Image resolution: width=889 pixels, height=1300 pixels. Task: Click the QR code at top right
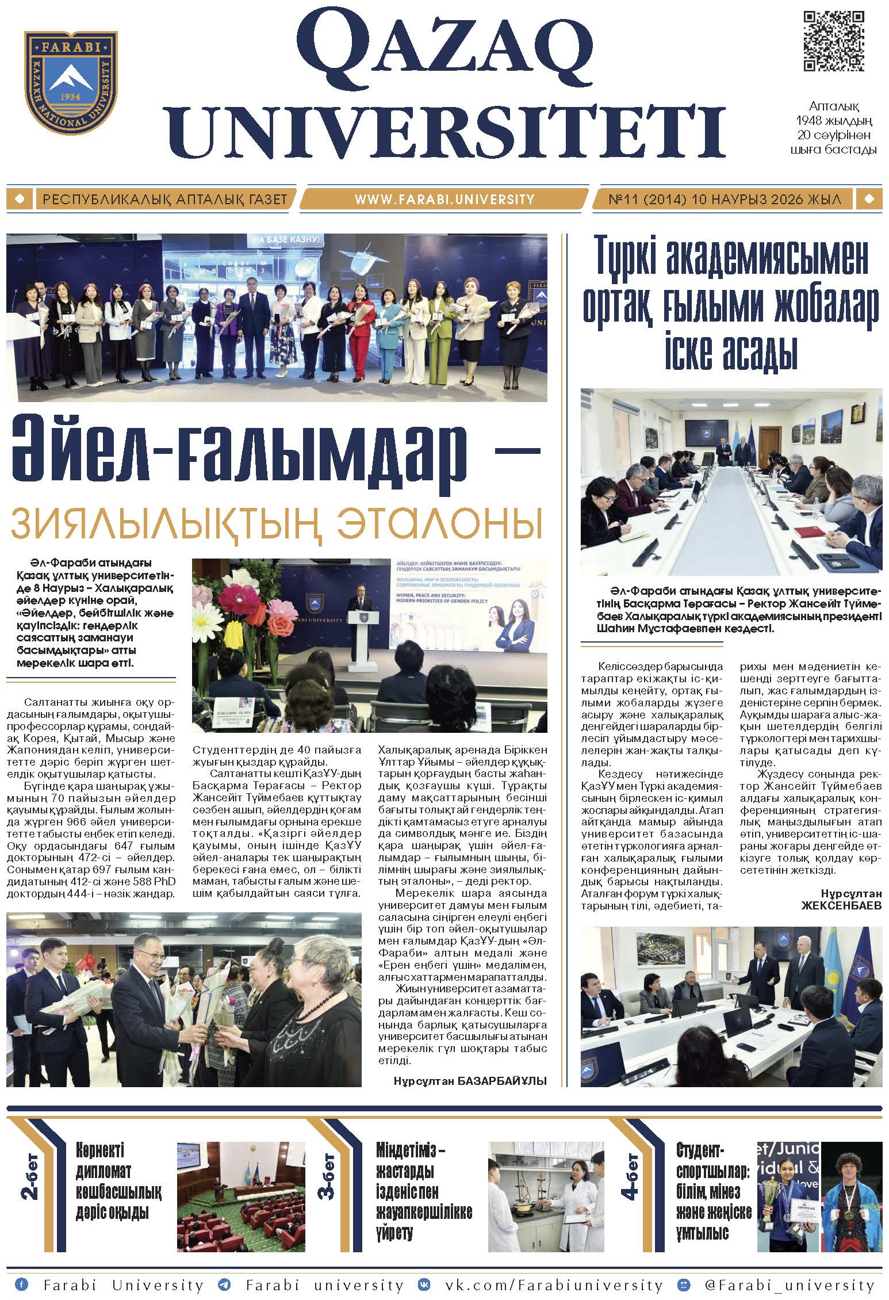click(x=833, y=41)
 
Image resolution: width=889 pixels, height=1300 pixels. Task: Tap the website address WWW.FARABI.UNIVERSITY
click(x=444, y=200)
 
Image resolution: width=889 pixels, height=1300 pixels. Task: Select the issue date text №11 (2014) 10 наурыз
click(x=725, y=200)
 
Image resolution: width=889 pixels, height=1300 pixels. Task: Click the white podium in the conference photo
click(x=362, y=636)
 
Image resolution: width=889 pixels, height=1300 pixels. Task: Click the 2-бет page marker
click(x=30, y=1176)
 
